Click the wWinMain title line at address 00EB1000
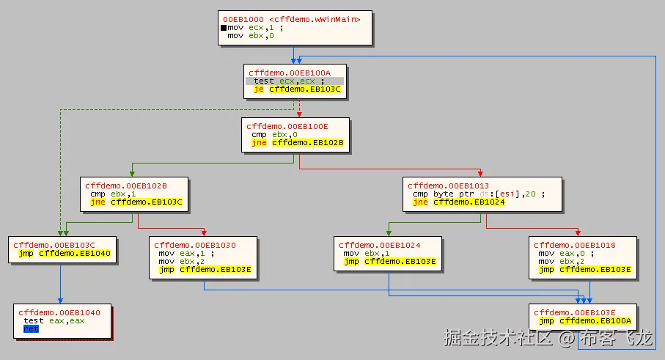pyautogui.click(x=292, y=18)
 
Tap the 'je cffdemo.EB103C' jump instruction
pyautogui.click(x=296, y=89)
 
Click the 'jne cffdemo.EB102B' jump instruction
pyautogui.click(x=297, y=143)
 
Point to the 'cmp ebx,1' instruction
pyautogui.click(x=114, y=194)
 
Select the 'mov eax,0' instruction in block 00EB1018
pyautogui.click(x=561, y=253)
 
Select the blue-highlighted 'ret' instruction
pyautogui.click(x=31, y=329)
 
